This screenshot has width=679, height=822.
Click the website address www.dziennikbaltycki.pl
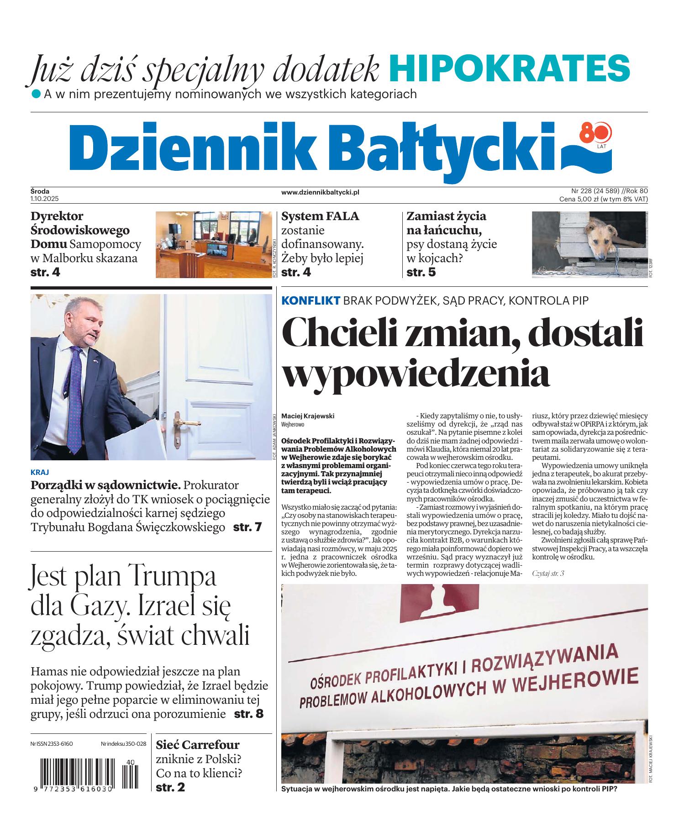click(320, 193)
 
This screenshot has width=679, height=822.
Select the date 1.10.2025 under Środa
click(45, 199)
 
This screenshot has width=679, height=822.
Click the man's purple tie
click(73, 393)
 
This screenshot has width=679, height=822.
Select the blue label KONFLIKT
click(311, 300)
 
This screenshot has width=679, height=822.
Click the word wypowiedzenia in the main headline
click(416, 373)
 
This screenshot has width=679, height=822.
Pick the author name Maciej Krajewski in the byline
click(308, 416)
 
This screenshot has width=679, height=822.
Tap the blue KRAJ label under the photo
click(40, 472)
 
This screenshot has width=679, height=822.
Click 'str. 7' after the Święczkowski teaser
click(247, 527)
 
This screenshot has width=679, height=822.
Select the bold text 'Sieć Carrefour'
click(198, 745)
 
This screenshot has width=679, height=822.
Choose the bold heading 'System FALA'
click(320, 216)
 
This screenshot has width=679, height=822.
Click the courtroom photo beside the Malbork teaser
click(213, 244)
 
